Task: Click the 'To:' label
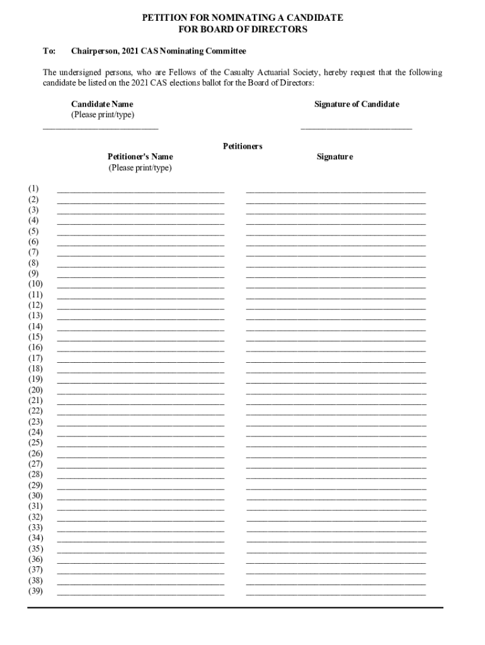[49, 50]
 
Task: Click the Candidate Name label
[102, 104]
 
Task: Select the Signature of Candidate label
[357, 104]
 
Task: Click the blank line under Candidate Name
[101, 128]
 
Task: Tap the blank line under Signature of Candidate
[357, 128]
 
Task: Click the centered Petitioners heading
[243, 146]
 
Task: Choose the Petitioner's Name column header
[140, 156]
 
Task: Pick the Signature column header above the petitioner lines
[334, 156]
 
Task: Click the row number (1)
[33, 188]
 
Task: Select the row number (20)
[35, 390]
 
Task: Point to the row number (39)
[35, 591]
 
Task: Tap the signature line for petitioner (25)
[336, 445]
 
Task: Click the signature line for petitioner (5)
[336, 233]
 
